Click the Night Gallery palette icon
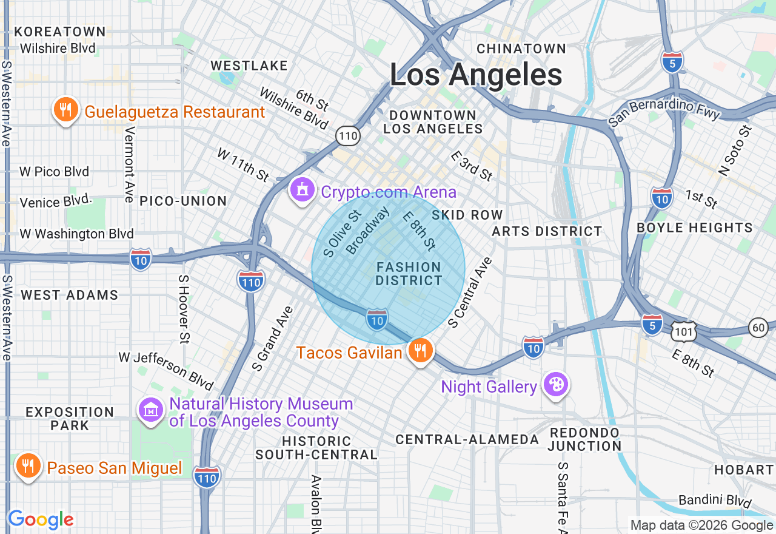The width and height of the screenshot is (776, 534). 555,385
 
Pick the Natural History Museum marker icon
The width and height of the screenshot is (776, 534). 150,410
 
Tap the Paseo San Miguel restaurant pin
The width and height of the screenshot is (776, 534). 27,467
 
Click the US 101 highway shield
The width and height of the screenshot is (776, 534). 684,331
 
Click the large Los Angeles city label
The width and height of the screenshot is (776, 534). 475,75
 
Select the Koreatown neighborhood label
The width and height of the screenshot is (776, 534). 60,32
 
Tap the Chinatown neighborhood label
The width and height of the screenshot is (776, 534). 521,48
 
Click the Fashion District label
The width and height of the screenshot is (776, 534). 409,274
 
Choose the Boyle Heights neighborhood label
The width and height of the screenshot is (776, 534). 694,228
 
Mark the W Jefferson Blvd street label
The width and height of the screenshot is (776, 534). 166,371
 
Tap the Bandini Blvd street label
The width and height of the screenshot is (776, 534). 715,501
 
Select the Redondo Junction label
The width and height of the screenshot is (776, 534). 584,439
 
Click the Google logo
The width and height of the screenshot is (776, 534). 41,520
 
